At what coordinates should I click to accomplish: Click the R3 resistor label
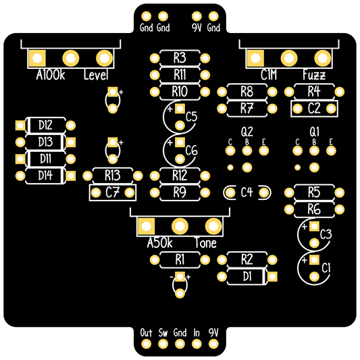pos(180,58)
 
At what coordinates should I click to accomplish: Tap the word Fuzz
pos(314,75)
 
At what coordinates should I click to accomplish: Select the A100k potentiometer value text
pos(51,75)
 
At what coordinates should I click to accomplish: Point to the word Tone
pos(205,243)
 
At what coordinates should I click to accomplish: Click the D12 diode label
pos(45,126)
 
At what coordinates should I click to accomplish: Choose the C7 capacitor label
pos(113,192)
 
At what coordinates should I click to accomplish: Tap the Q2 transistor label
pos(247,132)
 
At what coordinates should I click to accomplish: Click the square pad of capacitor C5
pos(180,109)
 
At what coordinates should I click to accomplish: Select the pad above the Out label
pos(147,344)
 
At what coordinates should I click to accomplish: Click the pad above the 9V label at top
pos(197,16)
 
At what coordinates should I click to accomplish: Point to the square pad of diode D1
pos(272,276)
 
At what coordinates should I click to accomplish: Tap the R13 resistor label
pos(113,176)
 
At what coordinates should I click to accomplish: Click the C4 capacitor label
pos(247,192)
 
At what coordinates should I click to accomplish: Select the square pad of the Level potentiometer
pos(37,58)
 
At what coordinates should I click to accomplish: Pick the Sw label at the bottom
pos(163,333)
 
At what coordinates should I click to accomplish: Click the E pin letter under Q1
pos(331,142)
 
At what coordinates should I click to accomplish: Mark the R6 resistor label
pos(314,209)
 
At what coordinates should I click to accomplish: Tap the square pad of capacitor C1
pos(314,260)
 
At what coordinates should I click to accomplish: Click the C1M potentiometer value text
pos(269,75)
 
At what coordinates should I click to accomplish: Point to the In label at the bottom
pos(197,333)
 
